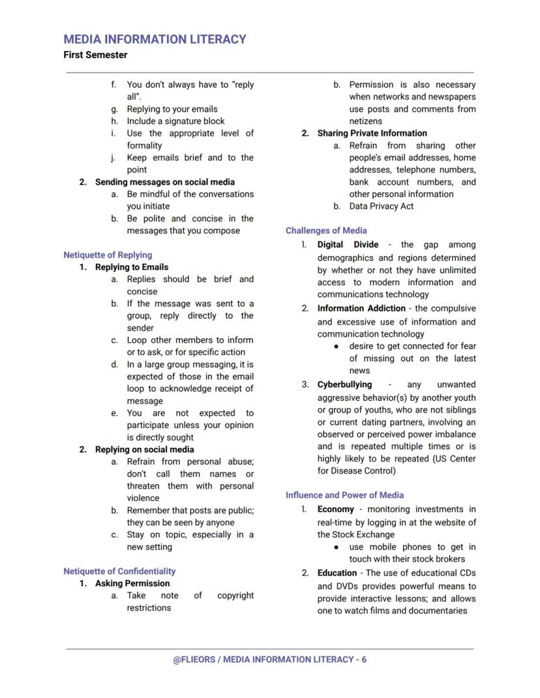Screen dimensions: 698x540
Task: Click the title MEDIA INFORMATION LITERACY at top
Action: (155, 39)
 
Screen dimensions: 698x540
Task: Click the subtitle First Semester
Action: (95, 55)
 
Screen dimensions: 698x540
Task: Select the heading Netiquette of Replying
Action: (108, 255)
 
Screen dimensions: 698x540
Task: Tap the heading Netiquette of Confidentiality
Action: (119, 571)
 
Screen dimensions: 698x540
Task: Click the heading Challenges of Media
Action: (326, 230)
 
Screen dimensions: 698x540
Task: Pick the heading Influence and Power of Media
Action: (344, 495)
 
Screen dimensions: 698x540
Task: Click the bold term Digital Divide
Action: (348, 244)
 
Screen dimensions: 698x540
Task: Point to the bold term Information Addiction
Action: (361, 308)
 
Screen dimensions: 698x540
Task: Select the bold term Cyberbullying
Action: (344, 385)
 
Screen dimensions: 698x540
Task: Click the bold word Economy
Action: (336, 509)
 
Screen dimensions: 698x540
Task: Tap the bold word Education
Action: (337, 573)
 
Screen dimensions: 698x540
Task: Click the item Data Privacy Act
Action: (381, 206)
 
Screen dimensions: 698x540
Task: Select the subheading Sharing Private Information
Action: (372, 133)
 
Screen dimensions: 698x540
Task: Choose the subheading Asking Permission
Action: (132, 583)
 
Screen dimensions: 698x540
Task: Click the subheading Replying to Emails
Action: (132, 267)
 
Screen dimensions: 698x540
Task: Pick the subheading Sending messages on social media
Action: (165, 182)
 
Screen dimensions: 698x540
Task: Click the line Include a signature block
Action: (175, 121)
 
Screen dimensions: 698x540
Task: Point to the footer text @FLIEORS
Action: (194, 660)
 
